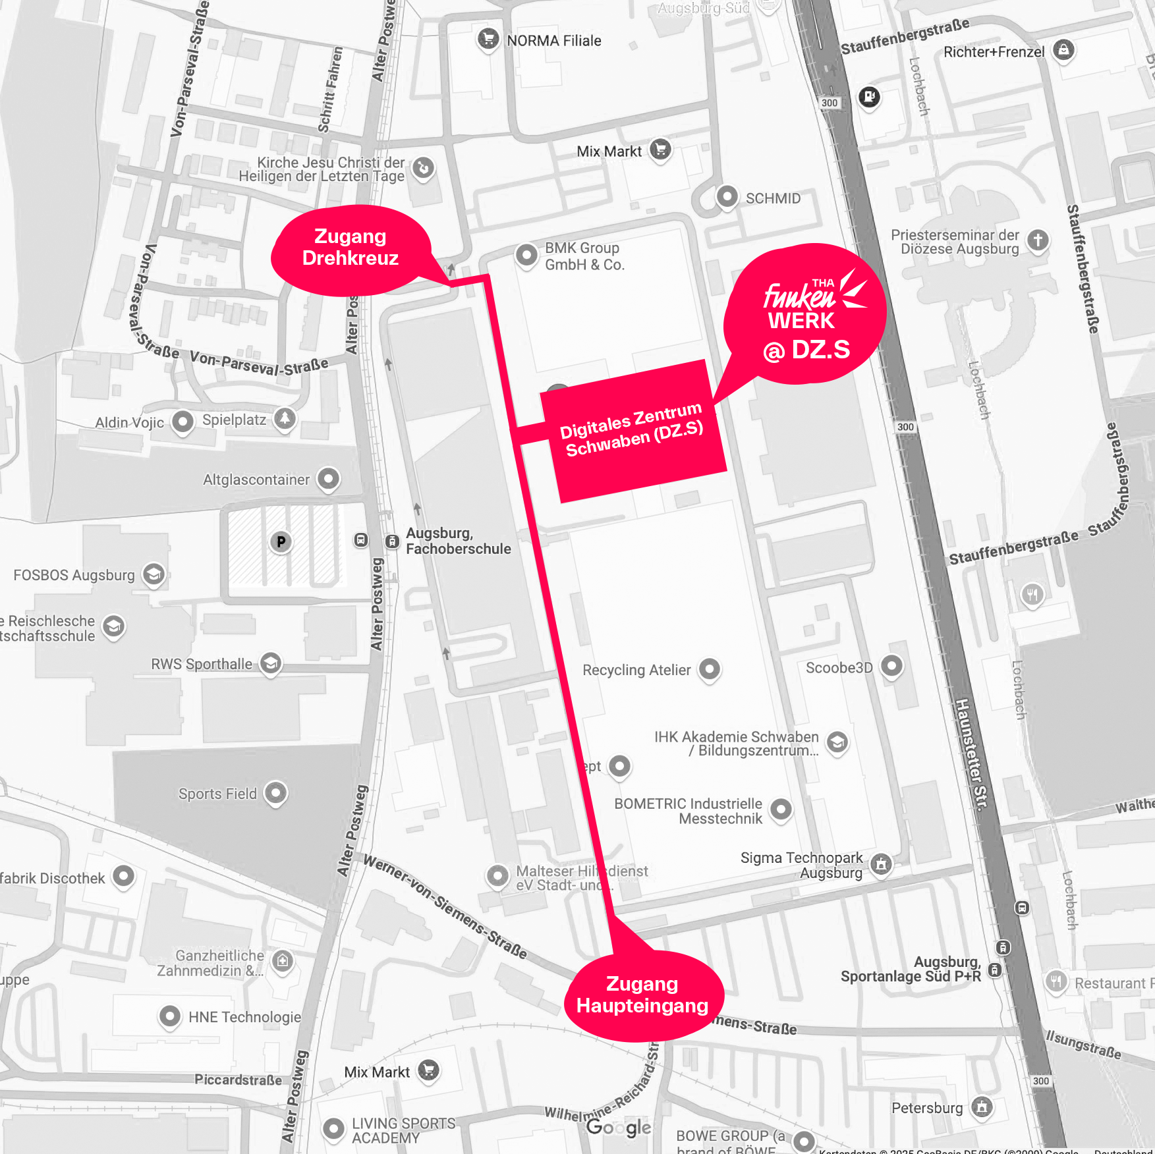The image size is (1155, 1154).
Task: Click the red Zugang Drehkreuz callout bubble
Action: point(350,248)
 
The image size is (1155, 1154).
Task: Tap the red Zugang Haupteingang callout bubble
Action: point(642,995)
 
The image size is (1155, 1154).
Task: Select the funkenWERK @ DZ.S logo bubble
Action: point(805,315)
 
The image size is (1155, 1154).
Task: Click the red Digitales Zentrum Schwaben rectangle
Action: point(633,431)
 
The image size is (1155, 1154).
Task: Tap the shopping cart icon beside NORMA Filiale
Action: point(488,39)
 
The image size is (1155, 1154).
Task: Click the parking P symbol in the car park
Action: point(281,541)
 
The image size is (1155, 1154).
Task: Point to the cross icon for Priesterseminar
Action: point(1038,240)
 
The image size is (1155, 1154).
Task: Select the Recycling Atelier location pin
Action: point(710,669)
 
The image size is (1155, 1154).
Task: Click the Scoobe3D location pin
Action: point(891,665)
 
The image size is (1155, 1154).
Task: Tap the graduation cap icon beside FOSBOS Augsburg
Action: point(154,574)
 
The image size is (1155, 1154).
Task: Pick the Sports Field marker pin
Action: point(275,792)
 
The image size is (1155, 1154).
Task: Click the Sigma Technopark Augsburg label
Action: point(801,865)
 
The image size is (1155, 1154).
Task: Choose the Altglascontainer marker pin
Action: point(328,478)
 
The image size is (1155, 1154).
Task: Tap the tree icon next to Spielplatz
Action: point(285,418)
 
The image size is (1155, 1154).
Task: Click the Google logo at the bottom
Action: point(619,1127)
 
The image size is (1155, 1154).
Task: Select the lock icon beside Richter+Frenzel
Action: point(1063,49)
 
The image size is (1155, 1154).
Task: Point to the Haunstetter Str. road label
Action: point(972,754)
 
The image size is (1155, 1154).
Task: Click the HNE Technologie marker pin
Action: point(170,1016)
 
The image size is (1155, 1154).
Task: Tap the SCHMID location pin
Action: point(727,196)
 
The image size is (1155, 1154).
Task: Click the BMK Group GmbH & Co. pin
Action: point(526,254)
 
